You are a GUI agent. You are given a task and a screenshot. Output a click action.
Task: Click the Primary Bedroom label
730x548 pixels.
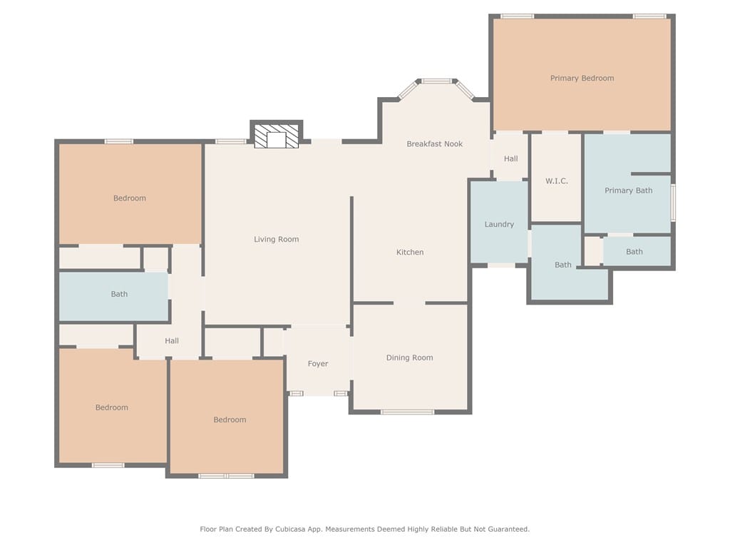tap(582, 78)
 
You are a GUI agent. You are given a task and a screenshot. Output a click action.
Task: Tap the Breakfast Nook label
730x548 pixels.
tap(434, 144)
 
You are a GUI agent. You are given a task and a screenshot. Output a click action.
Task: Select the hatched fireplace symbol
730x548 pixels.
tap(277, 136)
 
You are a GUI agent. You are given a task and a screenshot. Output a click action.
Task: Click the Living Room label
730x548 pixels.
tap(276, 240)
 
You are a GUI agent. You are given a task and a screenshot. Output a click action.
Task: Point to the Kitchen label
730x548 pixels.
tap(410, 252)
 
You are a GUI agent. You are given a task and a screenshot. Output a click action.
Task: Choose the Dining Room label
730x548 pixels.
tap(409, 358)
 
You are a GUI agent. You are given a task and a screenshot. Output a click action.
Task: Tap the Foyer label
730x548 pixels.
tap(317, 364)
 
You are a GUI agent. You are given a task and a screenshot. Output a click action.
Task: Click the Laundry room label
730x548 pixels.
tap(499, 225)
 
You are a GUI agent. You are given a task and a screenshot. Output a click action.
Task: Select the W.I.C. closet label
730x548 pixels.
tap(556, 181)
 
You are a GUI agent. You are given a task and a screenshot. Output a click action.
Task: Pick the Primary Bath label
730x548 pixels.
tap(628, 191)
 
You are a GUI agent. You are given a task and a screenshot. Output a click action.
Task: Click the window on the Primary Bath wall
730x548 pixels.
tap(673, 202)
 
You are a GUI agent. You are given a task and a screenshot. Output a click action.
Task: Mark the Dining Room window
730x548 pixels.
tap(407, 412)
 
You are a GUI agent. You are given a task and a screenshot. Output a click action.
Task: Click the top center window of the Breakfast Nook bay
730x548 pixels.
tap(437, 81)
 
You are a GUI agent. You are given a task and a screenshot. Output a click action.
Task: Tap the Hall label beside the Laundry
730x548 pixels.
tap(510, 159)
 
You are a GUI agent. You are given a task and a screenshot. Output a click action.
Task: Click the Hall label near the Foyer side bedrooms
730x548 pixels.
tap(172, 341)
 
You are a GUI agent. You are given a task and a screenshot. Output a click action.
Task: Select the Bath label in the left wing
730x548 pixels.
tap(119, 294)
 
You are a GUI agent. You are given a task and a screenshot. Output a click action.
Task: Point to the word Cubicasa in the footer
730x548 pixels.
tap(294, 529)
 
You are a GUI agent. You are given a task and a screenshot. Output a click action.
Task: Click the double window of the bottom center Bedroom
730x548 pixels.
tap(226, 476)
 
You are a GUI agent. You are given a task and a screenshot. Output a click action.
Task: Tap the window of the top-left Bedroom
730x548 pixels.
tap(119, 141)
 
